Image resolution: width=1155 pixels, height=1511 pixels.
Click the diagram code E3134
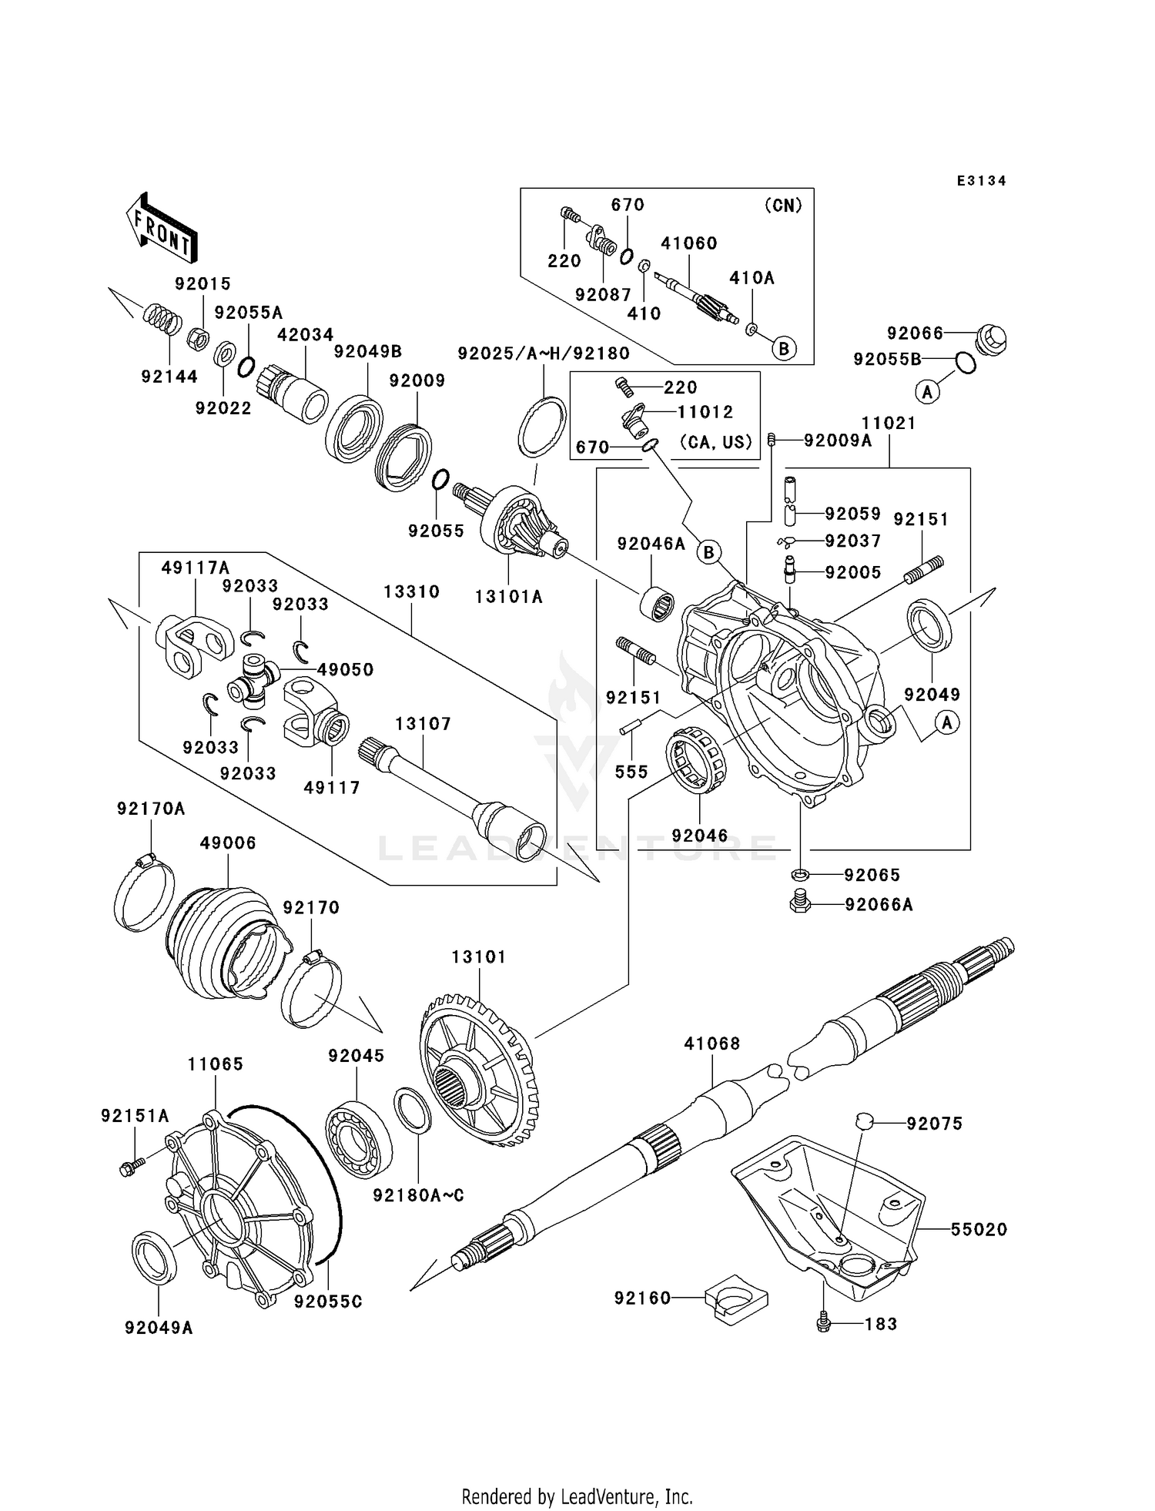(981, 181)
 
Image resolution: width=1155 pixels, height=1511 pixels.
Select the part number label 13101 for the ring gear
(478, 957)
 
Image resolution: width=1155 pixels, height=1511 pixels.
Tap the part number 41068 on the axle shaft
(711, 1044)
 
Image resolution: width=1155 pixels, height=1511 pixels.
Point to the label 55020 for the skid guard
(978, 1230)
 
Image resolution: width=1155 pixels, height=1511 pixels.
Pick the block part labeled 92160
(737, 1301)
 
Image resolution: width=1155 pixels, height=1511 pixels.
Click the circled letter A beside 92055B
(927, 392)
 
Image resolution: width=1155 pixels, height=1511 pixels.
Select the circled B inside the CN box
(783, 349)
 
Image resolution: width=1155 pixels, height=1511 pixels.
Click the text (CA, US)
(715, 443)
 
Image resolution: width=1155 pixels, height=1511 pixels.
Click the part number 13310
(411, 592)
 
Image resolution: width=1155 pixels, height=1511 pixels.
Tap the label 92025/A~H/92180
(543, 353)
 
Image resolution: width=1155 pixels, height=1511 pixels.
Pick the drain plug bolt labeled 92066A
(799, 903)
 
